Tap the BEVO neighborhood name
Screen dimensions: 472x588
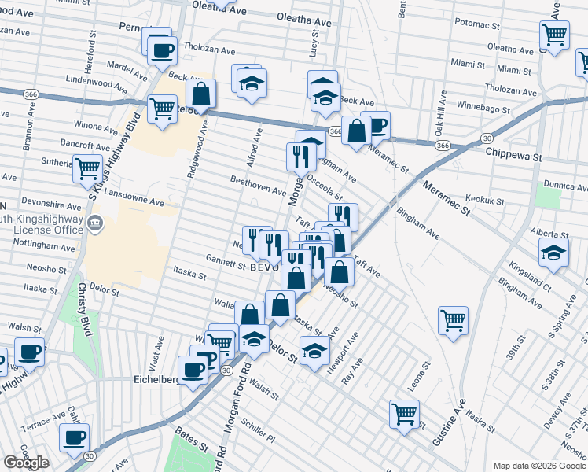tap(266, 267)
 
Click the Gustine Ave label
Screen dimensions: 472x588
tap(458, 421)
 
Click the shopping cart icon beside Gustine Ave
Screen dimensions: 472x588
tap(453, 320)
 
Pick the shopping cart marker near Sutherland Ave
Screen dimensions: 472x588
tap(87, 168)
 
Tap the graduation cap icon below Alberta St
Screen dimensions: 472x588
tap(553, 253)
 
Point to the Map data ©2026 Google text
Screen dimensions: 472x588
tap(538, 466)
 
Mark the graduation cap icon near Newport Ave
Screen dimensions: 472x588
tap(314, 351)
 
